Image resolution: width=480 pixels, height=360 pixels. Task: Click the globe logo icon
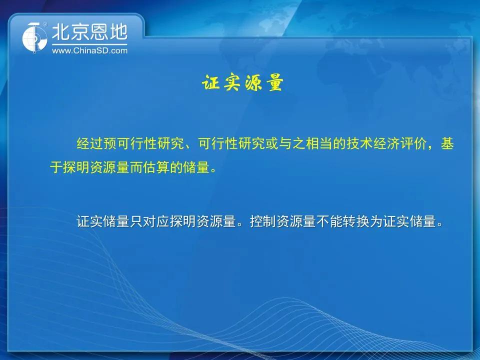[34, 37]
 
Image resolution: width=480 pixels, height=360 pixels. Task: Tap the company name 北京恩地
[89, 32]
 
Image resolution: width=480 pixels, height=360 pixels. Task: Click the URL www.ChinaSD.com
[89, 51]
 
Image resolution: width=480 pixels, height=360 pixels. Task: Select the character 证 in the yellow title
[210, 82]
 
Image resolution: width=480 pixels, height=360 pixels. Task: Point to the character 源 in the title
[253, 82]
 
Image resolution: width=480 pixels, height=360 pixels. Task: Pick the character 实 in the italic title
[231, 82]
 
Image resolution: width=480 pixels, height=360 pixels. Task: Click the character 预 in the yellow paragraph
[110, 143]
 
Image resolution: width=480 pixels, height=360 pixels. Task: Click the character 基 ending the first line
[447, 143]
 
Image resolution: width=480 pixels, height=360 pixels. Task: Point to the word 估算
[156, 167]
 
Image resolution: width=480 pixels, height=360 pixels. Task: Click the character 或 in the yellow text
[272, 143]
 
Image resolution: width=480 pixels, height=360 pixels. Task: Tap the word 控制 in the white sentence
[263, 221]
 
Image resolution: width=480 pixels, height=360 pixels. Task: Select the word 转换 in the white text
[356, 221]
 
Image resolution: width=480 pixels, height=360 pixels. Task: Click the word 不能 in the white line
[329, 221]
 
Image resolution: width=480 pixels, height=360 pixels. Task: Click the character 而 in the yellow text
[136, 167]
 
